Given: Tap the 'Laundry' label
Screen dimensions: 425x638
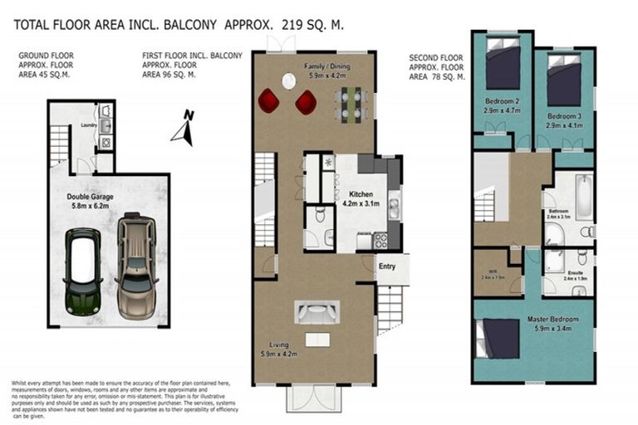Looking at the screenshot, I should [x=89, y=126].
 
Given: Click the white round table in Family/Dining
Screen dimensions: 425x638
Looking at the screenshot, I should [x=289, y=81].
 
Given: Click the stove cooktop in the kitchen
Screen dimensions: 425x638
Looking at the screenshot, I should [x=380, y=241].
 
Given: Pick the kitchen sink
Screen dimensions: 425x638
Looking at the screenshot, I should [x=395, y=205].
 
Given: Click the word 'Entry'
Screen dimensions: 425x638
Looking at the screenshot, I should [x=387, y=266].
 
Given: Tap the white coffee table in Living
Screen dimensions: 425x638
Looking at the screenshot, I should [x=317, y=340].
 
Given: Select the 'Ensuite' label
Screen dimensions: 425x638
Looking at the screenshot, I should [x=575, y=272].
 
